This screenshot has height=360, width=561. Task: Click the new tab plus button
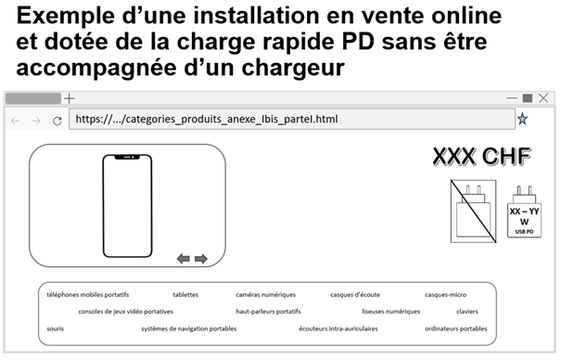tap(69, 98)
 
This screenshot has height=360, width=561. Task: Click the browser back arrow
tap(15, 121)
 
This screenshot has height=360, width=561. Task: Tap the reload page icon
tap(57, 121)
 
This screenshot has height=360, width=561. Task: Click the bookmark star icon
tap(523, 119)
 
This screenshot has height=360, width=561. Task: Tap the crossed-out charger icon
tap(473, 212)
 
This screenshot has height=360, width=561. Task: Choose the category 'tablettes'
tap(185, 295)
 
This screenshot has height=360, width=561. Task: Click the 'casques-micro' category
tap(446, 295)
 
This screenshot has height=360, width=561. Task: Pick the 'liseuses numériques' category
tap(390, 312)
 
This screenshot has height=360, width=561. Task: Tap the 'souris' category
tap(56, 328)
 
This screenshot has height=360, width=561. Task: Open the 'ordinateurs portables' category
tap(455, 328)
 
